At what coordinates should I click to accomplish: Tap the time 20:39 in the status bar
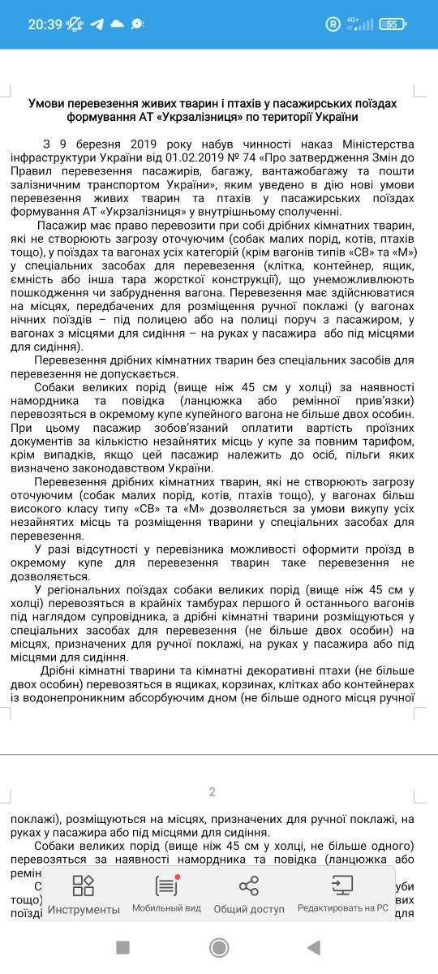45,24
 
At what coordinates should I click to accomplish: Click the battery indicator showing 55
414,24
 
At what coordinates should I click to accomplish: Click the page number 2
213,792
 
